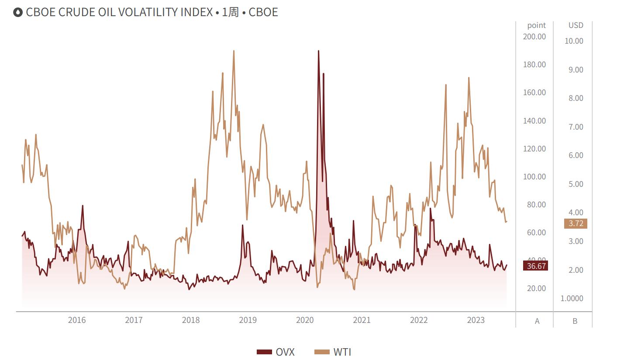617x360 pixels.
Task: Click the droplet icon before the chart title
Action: pyautogui.click(x=18, y=12)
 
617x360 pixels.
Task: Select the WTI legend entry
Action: pyautogui.click(x=333, y=352)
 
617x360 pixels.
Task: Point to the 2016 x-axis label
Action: pyautogui.click(x=77, y=320)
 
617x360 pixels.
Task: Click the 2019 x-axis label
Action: pyautogui.click(x=248, y=320)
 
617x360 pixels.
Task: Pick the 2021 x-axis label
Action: pyautogui.click(x=362, y=320)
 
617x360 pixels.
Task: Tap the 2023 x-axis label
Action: pyautogui.click(x=476, y=320)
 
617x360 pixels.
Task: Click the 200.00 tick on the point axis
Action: pyautogui.click(x=534, y=37)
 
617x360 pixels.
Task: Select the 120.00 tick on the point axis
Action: pyautogui.click(x=534, y=149)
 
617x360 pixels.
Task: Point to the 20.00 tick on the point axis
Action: pyautogui.click(x=537, y=288)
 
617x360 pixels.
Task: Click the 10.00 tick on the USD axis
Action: pyautogui.click(x=574, y=41)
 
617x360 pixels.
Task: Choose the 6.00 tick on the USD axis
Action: pyautogui.click(x=576, y=155)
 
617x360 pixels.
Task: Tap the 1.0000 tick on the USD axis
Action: pyautogui.click(x=572, y=298)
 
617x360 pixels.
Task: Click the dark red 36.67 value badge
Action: pyautogui.click(x=535, y=266)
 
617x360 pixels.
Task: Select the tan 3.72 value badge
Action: pyautogui.click(x=576, y=224)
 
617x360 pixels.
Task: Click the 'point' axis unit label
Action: pyautogui.click(x=536, y=25)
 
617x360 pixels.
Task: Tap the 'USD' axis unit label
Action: pyautogui.click(x=576, y=25)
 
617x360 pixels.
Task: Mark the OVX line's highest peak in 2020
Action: pyautogui.click(x=318, y=51)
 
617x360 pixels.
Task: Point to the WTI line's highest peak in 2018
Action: pyautogui.click(x=234, y=51)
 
